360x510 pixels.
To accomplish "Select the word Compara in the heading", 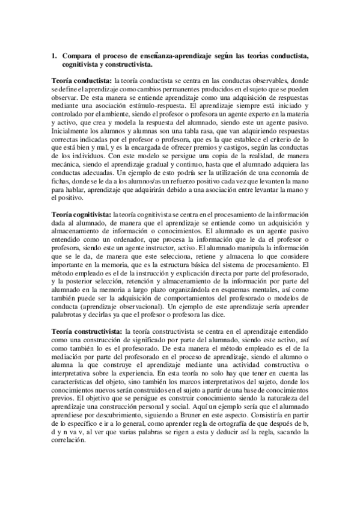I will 76,56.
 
